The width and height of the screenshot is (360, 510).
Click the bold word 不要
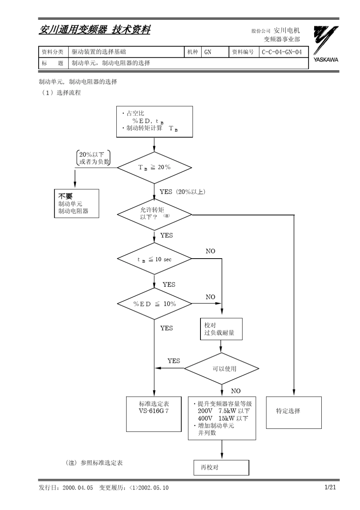(65, 196)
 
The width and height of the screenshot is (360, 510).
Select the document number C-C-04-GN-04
(282, 52)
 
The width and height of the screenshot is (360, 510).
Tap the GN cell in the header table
(208, 52)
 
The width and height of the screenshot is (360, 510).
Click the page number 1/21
(330, 487)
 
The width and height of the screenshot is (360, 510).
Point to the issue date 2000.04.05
(78, 488)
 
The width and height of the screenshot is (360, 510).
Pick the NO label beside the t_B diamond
(210, 251)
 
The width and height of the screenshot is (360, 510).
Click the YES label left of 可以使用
(174, 361)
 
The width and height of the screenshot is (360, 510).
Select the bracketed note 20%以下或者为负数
(93, 158)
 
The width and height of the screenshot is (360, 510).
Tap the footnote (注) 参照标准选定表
(94, 463)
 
